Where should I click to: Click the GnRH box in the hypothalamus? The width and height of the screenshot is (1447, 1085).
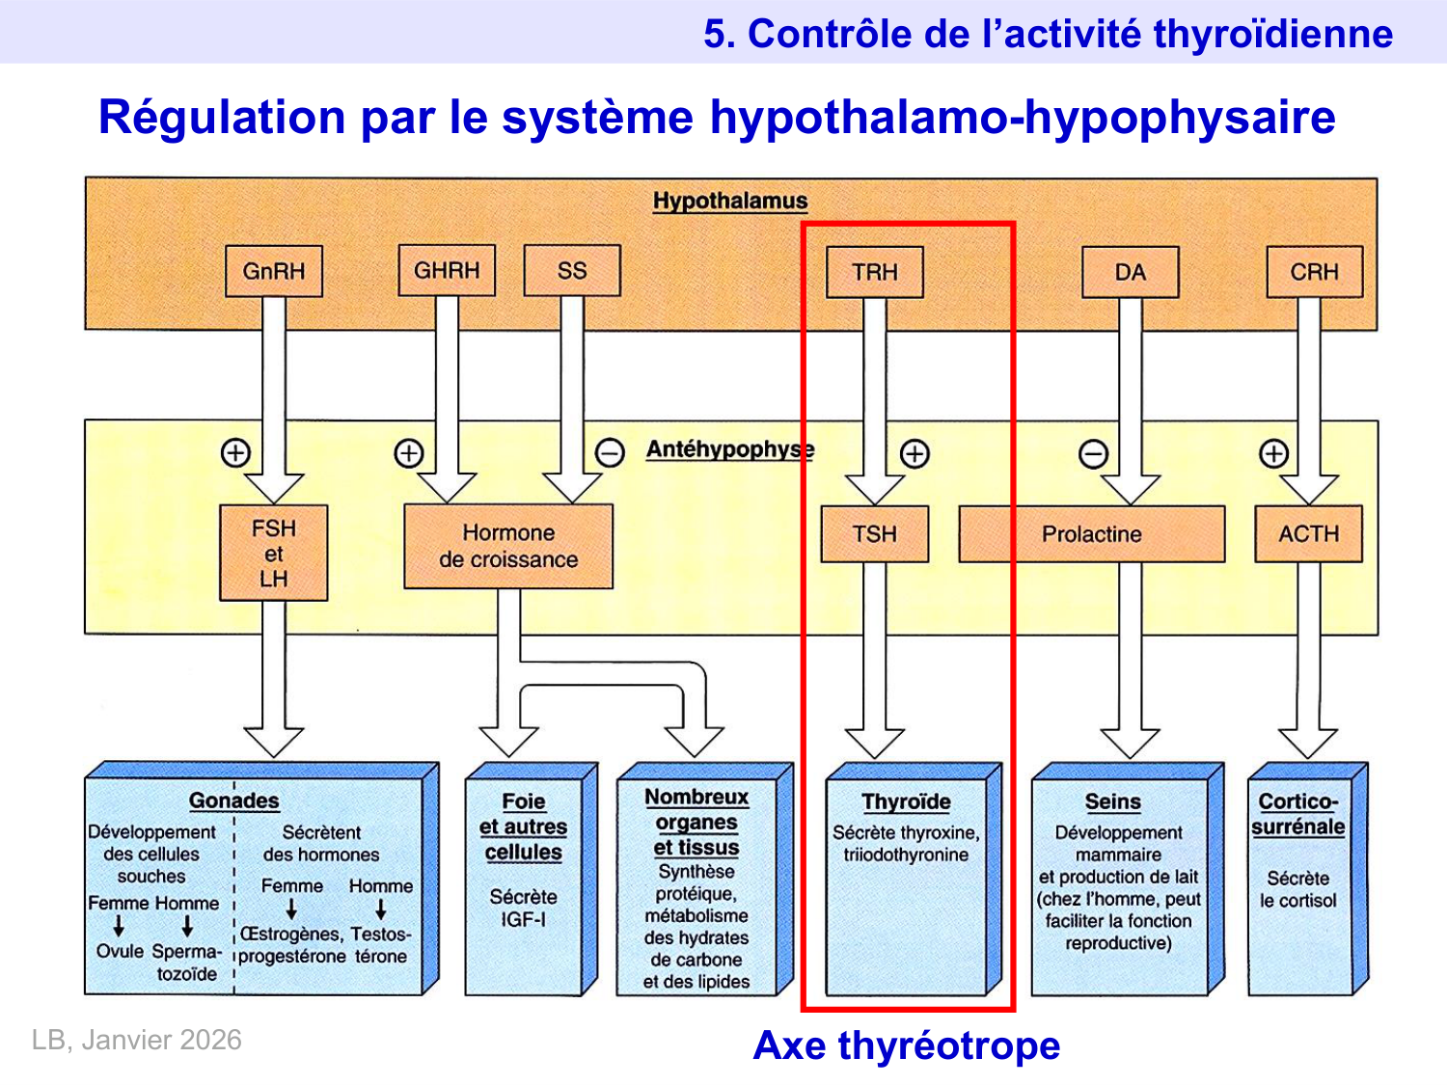tap(273, 271)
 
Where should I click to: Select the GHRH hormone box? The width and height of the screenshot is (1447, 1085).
tap(447, 270)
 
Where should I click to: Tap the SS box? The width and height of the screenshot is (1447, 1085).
tap(572, 270)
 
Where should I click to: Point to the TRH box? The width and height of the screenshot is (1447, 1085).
tap(875, 272)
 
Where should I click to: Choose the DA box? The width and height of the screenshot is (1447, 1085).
tap(1130, 272)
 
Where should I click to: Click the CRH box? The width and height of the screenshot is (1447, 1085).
tap(1314, 272)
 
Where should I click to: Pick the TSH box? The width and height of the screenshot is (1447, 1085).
tap(875, 533)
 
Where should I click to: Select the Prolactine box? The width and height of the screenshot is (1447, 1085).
tap(1091, 533)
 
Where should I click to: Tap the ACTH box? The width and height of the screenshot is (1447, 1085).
tap(1308, 533)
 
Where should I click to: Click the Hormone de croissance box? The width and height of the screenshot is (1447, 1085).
tap(508, 546)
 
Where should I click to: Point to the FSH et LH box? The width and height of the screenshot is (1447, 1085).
tap(274, 554)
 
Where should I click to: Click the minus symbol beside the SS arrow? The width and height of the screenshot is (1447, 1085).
tap(610, 452)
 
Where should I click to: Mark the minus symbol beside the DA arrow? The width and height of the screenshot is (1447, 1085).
tap(1093, 453)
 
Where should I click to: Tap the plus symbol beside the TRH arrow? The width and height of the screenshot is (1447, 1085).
tap(915, 453)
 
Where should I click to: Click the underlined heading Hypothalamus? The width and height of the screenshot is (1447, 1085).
tap(730, 201)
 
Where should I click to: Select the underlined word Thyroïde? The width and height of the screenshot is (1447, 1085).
tap(906, 801)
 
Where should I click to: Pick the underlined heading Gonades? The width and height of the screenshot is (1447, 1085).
tap(233, 800)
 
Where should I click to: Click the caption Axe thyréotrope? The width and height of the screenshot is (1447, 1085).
tap(906, 1045)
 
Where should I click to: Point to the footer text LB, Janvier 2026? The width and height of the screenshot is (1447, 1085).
tap(137, 1040)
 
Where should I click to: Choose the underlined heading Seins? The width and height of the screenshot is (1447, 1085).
tap(1112, 801)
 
